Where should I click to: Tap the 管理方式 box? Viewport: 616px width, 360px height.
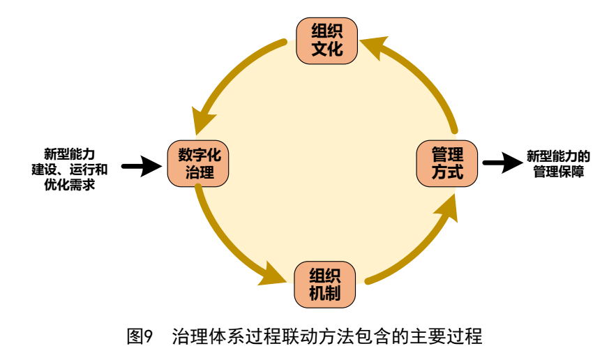(447, 163)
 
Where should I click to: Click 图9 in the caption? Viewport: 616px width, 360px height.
(138, 338)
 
